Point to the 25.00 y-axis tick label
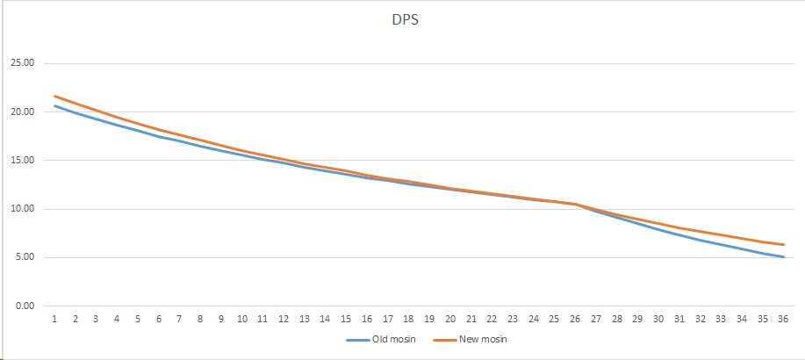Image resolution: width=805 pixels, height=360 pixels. (22, 63)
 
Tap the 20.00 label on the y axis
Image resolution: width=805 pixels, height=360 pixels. (22, 112)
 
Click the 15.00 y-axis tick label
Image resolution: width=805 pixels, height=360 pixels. (22, 161)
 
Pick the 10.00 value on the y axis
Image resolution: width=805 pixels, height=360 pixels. (22, 209)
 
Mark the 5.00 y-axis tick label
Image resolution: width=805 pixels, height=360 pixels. (24, 257)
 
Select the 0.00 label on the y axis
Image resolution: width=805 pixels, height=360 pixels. (24, 306)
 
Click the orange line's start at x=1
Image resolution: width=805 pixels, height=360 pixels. (54, 96)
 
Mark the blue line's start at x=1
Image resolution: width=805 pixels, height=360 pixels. (54, 105)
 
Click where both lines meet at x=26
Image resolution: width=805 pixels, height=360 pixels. (575, 204)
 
